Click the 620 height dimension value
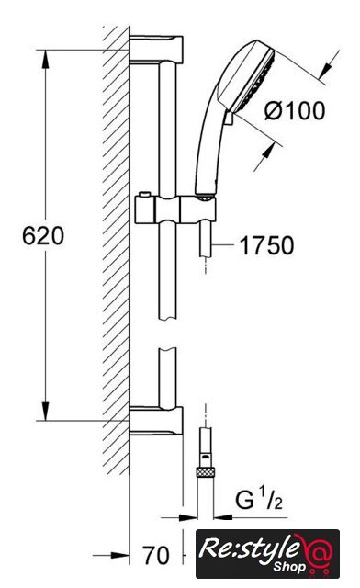click(43, 236)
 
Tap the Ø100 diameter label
click(295, 110)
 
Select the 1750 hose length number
click(266, 245)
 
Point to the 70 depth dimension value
click(156, 555)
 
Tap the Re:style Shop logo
click(268, 553)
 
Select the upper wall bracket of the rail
click(156, 49)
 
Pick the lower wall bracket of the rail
click(156, 421)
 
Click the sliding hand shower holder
click(175, 209)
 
